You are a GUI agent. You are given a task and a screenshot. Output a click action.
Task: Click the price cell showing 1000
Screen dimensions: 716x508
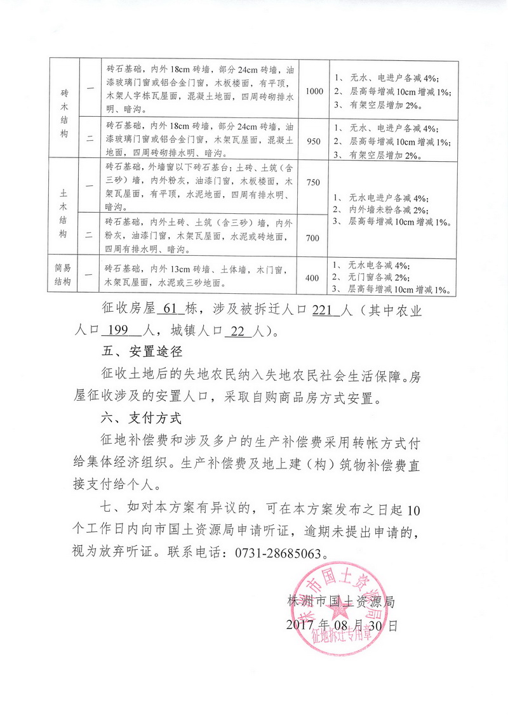(x=314, y=91)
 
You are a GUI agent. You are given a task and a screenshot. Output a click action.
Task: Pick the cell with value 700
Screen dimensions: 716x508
(x=313, y=237)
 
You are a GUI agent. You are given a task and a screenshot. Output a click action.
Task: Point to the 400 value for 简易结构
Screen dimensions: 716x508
(x=313, y=278)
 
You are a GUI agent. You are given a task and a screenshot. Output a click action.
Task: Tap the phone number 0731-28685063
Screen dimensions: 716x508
(x=269, y=552)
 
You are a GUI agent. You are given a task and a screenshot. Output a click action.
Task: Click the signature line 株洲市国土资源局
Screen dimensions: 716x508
(x=341, y=600)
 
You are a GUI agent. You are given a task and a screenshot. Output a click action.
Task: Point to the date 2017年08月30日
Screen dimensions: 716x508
(x=341, y=625)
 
